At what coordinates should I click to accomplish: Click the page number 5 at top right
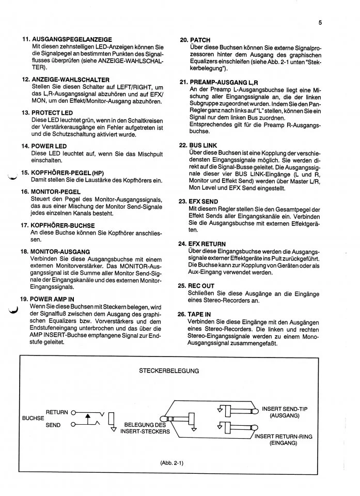pyautogui.click(x=320, y=22)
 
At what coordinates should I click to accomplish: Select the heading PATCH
pyautogui.click(x=200, y=40)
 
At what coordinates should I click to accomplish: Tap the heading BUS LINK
pyautogui.click(x=204, y=146)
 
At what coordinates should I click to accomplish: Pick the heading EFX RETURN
pyautogui.click(x=209, y=244)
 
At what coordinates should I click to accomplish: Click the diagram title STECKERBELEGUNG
pyautogui.click(x=169, y=370)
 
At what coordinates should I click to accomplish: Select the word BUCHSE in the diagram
pyautogui.click(x=33, y=419)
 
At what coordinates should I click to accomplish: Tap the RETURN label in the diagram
pyautogui.click(x=57, y=412)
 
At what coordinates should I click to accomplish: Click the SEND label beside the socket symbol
pyautogui.click(x=53, y=426)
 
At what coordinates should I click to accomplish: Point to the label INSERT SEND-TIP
pyautogui.click(x=285, y=409)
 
